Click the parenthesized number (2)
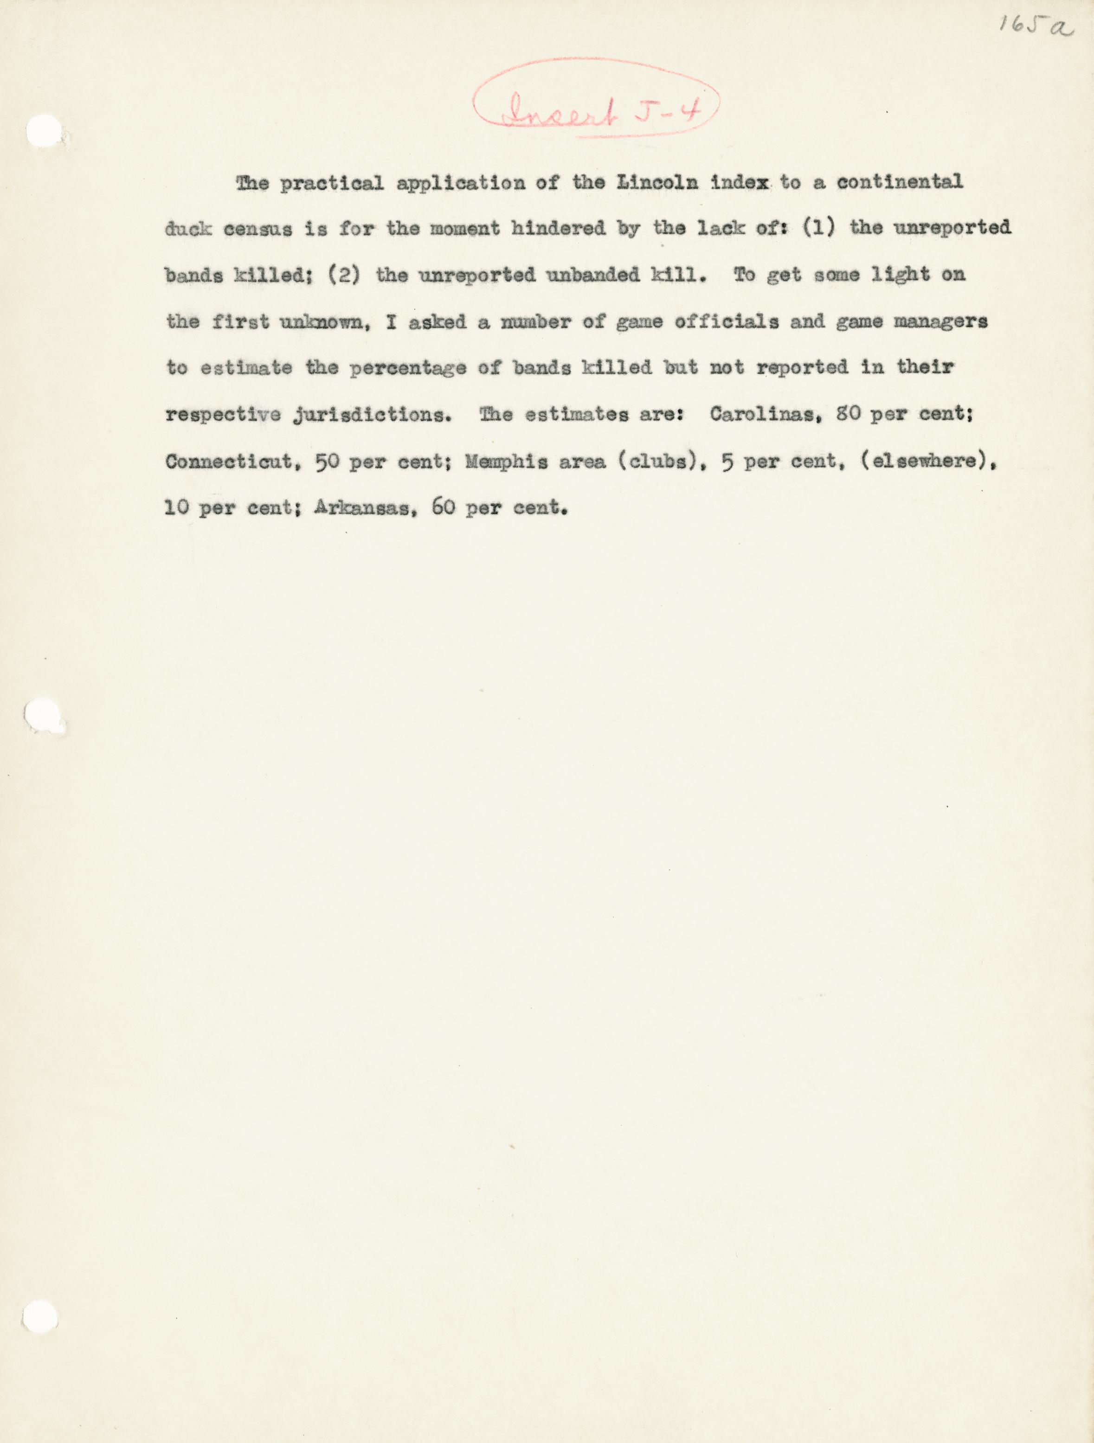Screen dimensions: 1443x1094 click(x=344, y=276)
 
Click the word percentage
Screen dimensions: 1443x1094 click(x=408, y=369)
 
